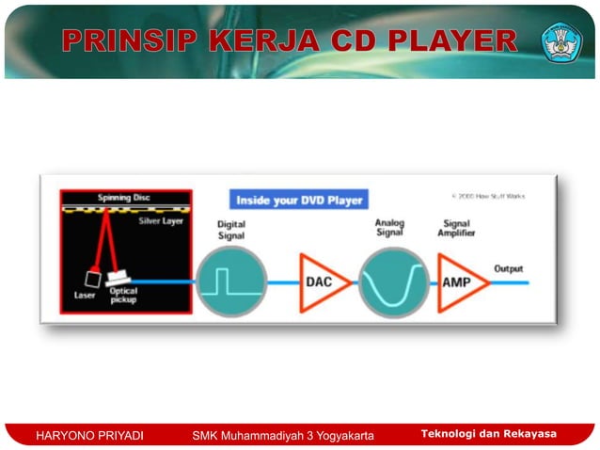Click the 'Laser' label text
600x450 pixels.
tap(85, 296)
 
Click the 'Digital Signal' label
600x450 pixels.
tap(232, 231)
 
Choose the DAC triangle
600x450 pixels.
tap(321, 281)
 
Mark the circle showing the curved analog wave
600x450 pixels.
tap(392, 281)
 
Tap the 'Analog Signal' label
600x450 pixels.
tap(390, 229)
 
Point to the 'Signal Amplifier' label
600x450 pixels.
tap(457, 229)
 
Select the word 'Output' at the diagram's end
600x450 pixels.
tap(508, 268)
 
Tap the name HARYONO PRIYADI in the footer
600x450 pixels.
tap(87, 434)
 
